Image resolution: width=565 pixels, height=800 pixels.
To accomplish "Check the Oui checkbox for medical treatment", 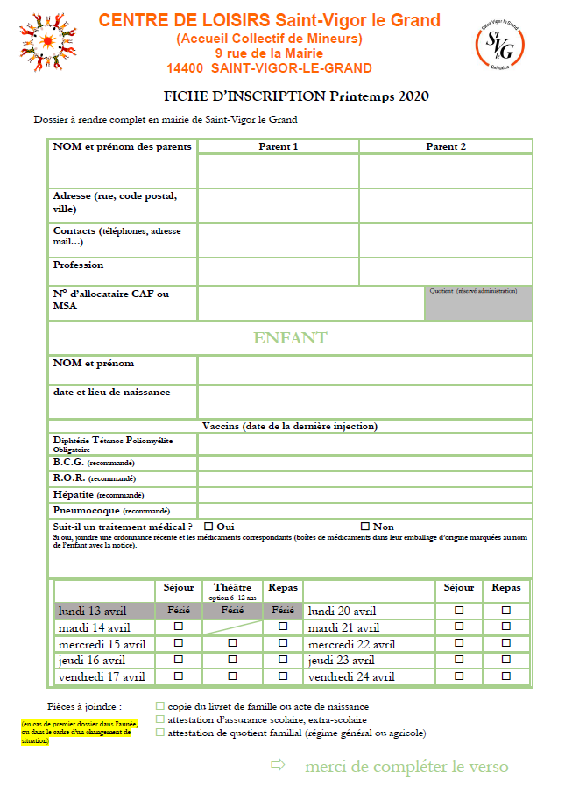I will (208, 527).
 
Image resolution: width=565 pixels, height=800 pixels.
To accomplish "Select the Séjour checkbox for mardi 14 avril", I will (179, 627).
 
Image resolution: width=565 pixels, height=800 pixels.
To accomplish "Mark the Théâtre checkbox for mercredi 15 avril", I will (232, 643).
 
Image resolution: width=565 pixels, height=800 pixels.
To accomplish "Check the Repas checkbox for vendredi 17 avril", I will (283, 676).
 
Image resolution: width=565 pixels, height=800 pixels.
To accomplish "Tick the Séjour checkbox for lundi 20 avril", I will (459, 610).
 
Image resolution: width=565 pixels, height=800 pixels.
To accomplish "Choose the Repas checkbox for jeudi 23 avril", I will (505, 660).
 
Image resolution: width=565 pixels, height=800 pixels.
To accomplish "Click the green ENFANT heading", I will (290, 338).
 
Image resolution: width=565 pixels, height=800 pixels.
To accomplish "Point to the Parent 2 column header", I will (446, 146).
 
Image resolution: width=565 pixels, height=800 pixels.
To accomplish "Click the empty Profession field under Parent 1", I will (278, 271).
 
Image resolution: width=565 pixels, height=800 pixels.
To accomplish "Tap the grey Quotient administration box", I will (478, 303).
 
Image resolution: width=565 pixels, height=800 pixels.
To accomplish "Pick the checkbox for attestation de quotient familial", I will (159, 733).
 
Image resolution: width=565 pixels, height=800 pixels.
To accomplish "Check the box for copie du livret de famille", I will (159, 705).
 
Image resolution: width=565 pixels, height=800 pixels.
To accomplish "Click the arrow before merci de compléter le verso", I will (279, 766).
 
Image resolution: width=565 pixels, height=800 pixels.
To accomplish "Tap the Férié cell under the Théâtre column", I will (232, 610).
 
